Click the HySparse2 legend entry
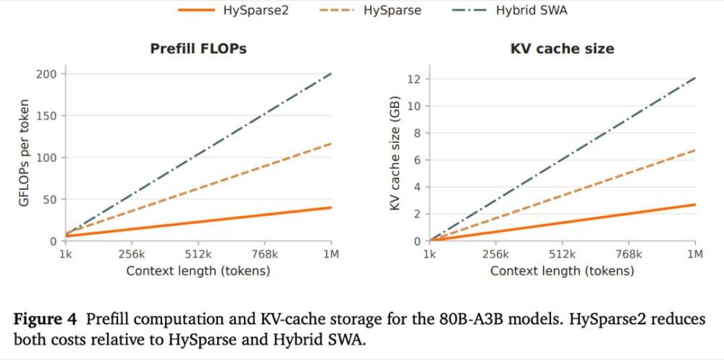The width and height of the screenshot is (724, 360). coord(233,10)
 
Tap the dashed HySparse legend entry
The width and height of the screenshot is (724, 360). coord(370,10)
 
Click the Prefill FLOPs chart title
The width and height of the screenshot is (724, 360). coord(198,49)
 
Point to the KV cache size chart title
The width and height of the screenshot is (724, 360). coord(562,49)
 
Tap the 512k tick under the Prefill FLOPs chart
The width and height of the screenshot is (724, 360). coord(198,254)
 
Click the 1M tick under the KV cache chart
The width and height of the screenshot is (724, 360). coord(695,254)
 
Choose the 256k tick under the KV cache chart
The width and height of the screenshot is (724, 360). coord(496,254)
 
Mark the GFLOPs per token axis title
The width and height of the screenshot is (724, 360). coord(25,152)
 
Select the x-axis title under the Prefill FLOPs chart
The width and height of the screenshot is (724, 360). coord(198,270)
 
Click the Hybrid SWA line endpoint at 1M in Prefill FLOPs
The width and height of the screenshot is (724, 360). coord(331,73)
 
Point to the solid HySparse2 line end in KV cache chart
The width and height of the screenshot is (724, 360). coord(695,204)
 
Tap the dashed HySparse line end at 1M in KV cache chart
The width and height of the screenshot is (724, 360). coord(695,150)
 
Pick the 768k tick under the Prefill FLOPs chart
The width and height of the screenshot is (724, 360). coord(265,254)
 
